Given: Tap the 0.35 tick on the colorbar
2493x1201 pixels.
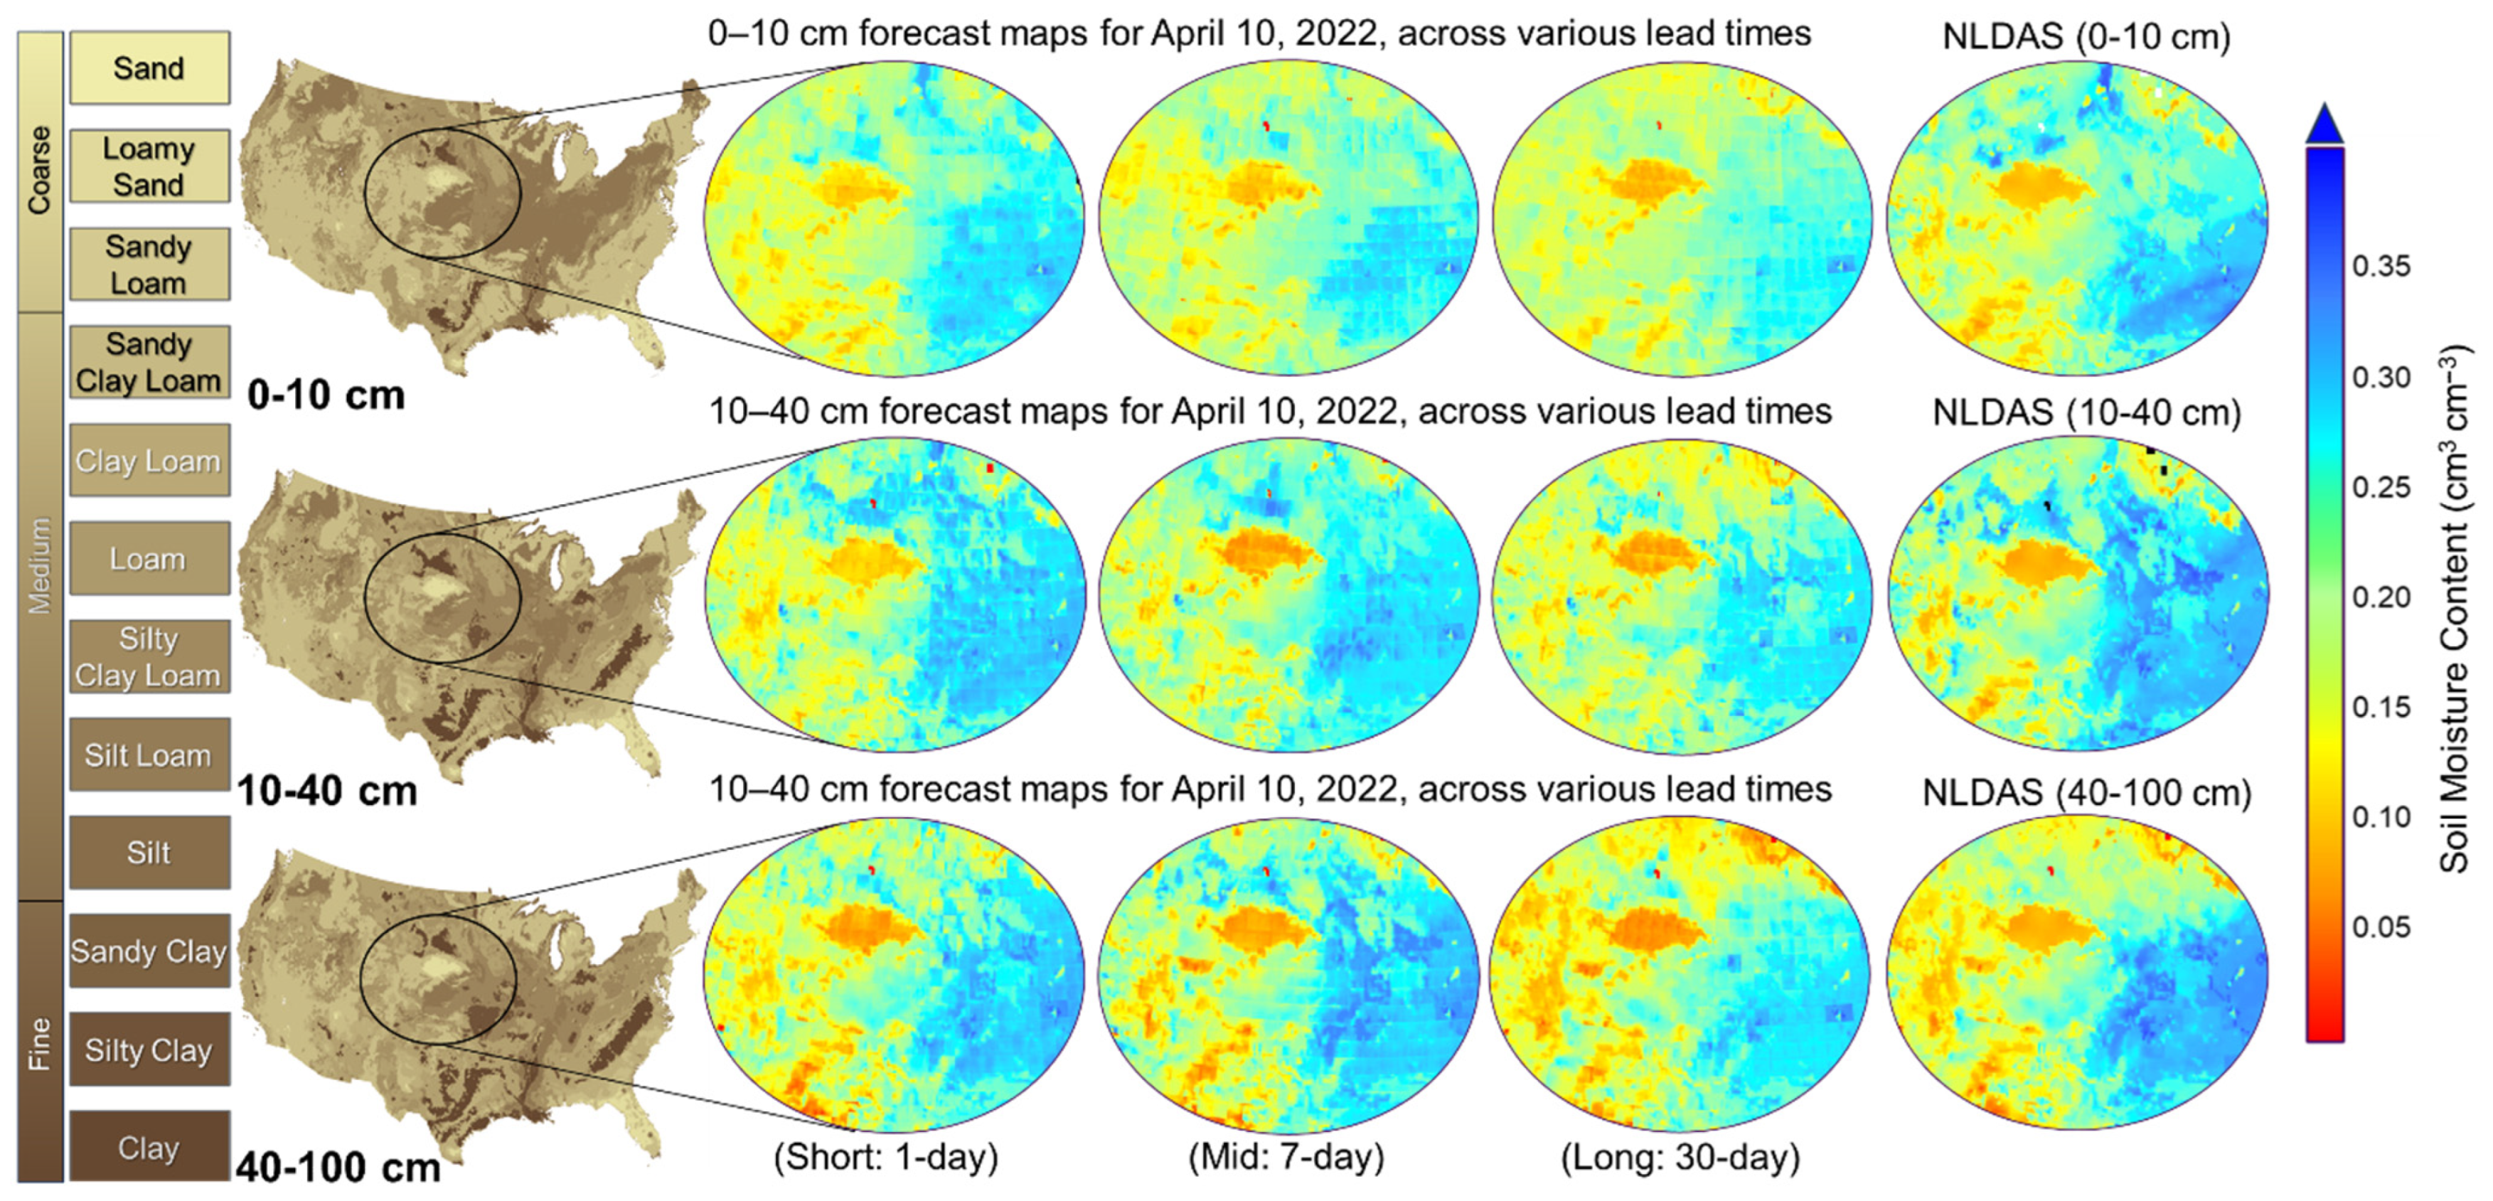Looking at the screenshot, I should [2381, 266].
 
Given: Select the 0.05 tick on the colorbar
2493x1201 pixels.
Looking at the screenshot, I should [2381, 927].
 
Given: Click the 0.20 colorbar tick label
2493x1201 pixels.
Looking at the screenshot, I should [2381, 597].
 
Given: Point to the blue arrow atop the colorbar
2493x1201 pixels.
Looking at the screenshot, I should [2324, 123].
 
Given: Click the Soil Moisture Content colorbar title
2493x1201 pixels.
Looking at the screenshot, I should [2453, 609].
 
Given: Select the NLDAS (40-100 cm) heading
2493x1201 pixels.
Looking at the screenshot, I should [2086, 793].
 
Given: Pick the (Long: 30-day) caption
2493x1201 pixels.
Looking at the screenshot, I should [1680, 1156].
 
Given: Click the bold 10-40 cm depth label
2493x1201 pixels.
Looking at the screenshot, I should [327, 791].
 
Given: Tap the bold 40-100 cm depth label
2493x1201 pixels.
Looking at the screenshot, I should [338, 1167].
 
